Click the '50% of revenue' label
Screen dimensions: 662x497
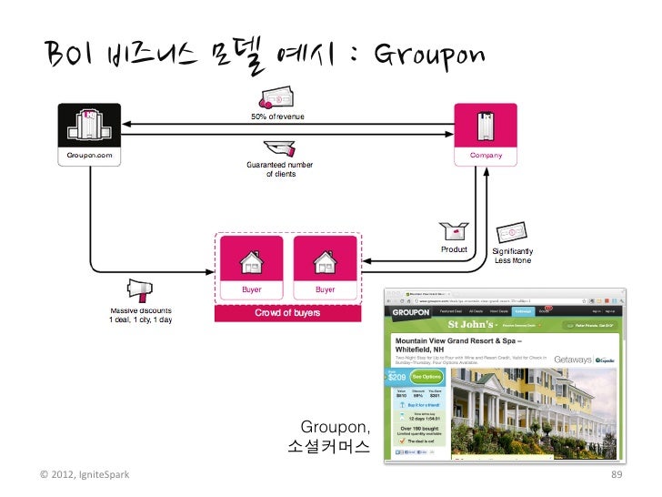click(x=277, y=117)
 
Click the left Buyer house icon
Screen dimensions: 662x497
click(x=250, y=263)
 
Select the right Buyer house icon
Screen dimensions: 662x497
click(x=325, y=263)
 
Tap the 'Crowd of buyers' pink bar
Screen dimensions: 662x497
click(x=287, y=313)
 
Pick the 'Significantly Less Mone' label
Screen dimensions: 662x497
click(x=513, y=256)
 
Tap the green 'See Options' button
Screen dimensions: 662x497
click(x=426, y=375)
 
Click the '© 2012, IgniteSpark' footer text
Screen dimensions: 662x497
click(x=85, y=475)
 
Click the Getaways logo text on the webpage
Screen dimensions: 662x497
click(x=569, y=360)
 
